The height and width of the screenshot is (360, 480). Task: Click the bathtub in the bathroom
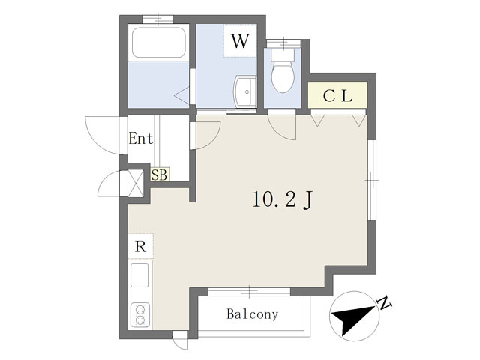click(x=158, y=43)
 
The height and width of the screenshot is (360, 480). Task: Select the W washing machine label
click(x=240, y=41)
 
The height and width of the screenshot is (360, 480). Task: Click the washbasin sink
click(x=245, y=91)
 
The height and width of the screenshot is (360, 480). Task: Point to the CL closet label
click(x=337, y=96)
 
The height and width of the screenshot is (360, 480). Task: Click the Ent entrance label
click(x=140, y=138)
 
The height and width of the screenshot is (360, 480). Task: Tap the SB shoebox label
click(x=160, y=175)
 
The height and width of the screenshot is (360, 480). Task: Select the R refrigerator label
click(x=140, y=247)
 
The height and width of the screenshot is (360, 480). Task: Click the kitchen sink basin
click(x=139, y=275)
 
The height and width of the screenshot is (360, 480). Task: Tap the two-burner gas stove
click(x=140, y=314)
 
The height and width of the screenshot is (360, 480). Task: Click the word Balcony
click(x=253, y=314)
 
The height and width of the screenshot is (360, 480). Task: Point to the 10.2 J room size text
click(x=282, y=200)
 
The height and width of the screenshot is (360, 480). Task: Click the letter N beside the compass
click(x=385, y=302)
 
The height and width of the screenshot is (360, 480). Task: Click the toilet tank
click(x=283, y=55)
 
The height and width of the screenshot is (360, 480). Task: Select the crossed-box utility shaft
click(x=135, y=183)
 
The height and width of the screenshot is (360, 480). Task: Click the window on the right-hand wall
click(x=371, y=180)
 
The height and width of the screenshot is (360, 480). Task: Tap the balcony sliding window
click(x=249, y=292)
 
